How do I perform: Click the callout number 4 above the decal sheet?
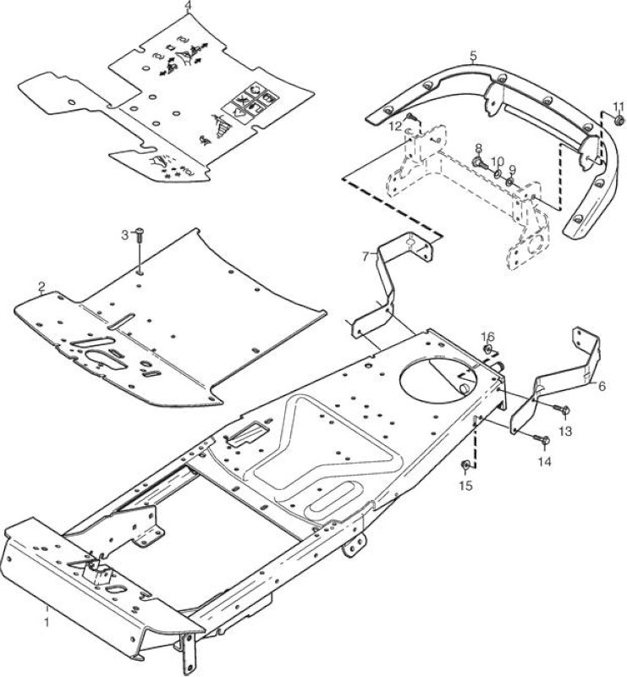pyautogui.click(x=187, y=6)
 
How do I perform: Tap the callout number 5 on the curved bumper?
pyautogui.click(x=473, y=56)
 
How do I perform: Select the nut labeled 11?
pyautogui.click(x=619, y=120)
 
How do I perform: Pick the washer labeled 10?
pyautogui.click(x=498, y=174)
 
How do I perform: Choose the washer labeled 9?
pyautogui.click(x=511, y=181)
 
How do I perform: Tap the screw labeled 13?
pyautogui.click(x=563, y=409)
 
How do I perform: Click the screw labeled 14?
pyautogui.click(x=542, y=440)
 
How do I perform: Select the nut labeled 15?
pyautogui.click(x=465, y=466)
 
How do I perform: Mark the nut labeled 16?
pyautogui.click(x=487, y=349)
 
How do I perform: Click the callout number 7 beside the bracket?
pyautogui.click(x=366, y=257)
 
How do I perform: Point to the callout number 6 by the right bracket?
pyautogui.click(x=602, y=386)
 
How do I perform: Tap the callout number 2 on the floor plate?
pyautogui.click(x=41, y=287)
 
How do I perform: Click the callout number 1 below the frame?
pyautogui.click(x=47, y=622)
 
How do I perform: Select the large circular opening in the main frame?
pyautogui.click(x=437, y=375)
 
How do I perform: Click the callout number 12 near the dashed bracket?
pyautogui.click(x=394, y=126)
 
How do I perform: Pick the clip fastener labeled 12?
pyautogui.click(x=410, y=117)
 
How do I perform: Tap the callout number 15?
pyautogui.click(x=465, y=486)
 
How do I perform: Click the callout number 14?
pyautogui.click(x=545, y=461)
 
